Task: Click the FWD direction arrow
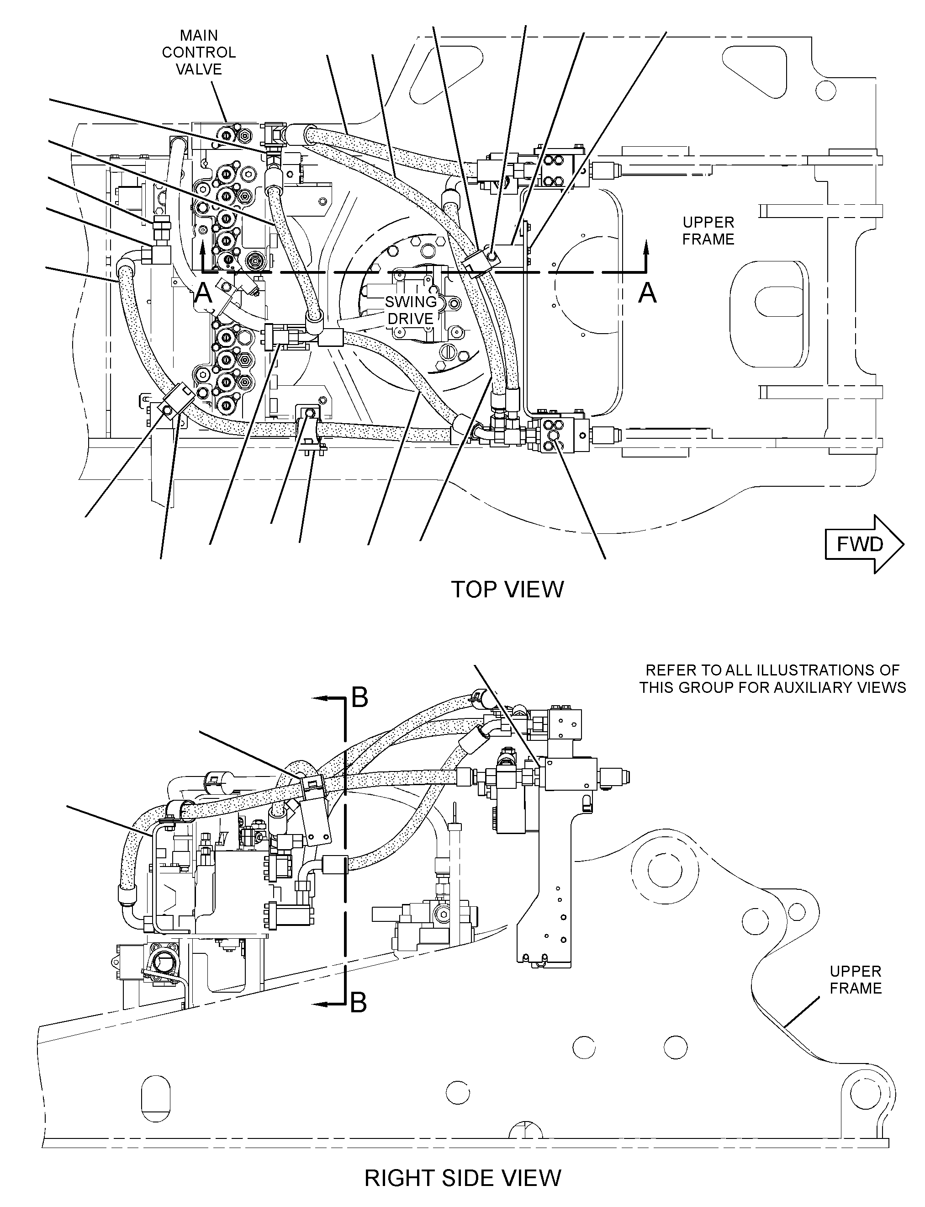[864, 544]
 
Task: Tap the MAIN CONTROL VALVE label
[199, 53]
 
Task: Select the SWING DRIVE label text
[411, 310]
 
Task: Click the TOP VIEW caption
[507, 590]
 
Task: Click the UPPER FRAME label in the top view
[708, 231]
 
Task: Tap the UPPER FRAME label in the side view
[856, 979]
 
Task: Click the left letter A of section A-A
[204, 293]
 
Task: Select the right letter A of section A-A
[648, 293]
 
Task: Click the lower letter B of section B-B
[359, 1003]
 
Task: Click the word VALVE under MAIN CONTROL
[199, 69]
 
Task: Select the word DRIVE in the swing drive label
[411, 319]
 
